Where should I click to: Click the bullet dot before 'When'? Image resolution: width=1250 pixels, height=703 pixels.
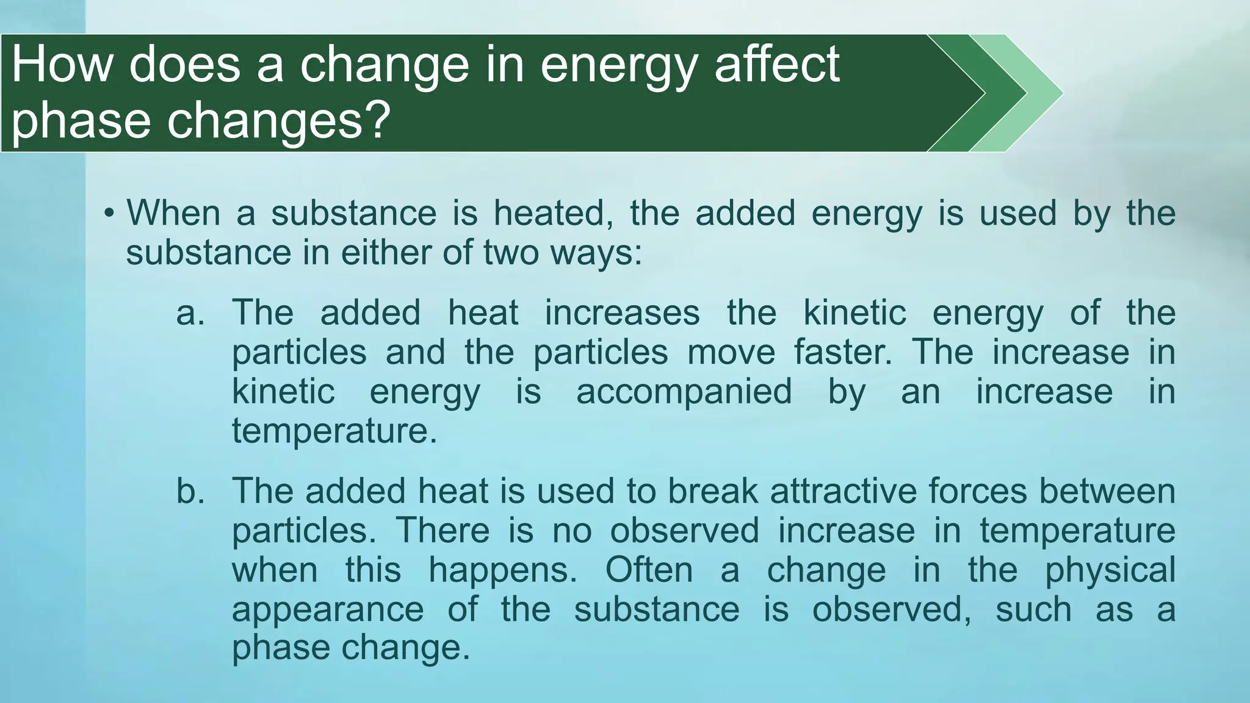coord(109,214)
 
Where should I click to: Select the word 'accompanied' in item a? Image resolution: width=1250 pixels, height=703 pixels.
coord(684,391)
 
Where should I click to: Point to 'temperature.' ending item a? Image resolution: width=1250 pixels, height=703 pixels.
coord(334,431)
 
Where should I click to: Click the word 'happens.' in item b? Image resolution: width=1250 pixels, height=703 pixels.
coord(502,571)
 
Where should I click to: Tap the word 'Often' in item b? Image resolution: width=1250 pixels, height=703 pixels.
coord(649,570)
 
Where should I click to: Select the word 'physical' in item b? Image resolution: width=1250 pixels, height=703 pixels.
coord(1110,571)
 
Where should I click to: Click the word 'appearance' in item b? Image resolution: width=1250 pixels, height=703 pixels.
coord(328,610)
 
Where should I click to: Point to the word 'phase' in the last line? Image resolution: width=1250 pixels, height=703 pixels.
coord(282,647)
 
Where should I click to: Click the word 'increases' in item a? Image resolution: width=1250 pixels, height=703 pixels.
coord(622,313)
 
